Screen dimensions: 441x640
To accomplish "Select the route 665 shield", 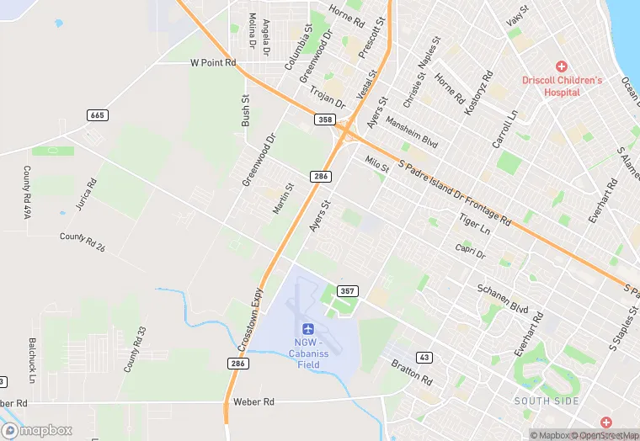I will [x=98, y=115].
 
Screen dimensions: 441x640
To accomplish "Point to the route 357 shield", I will [x=347, y=291].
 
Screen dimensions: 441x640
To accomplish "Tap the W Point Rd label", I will [x=213, y=62].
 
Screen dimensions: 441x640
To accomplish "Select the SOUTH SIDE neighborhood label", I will [x=547, y=401].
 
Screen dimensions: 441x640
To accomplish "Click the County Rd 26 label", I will [x=83, y=242].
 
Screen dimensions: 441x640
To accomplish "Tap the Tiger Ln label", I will [x=474, y=223].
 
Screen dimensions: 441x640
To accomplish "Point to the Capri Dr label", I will [x=470, y=250].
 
